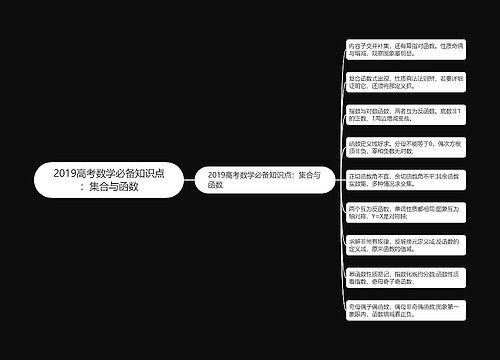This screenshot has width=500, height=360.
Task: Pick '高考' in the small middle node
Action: tap(235, 174)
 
